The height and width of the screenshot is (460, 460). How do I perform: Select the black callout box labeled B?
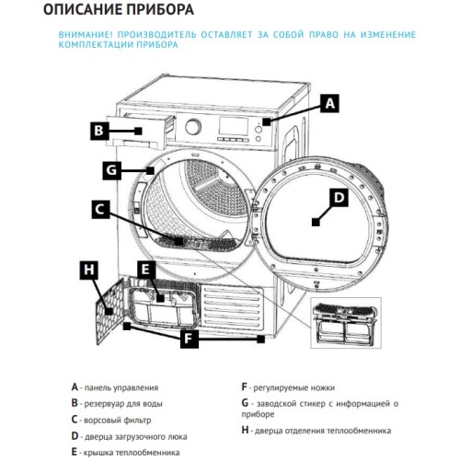point(99,131)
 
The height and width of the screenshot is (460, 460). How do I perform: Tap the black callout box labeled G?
point(110,170)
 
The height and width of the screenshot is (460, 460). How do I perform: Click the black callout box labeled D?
point(338,197)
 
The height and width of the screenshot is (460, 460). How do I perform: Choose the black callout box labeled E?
point(145,270)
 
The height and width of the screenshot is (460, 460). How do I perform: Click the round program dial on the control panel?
point(194,127)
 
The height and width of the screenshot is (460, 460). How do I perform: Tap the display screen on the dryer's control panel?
point(230,126)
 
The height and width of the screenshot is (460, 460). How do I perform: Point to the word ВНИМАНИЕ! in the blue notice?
point(87,33)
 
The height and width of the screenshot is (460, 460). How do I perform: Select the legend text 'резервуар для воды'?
point(123,403)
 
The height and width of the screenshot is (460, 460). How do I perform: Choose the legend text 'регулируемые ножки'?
point(293,387)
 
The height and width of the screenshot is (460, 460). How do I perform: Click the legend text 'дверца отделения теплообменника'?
point(323,430)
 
